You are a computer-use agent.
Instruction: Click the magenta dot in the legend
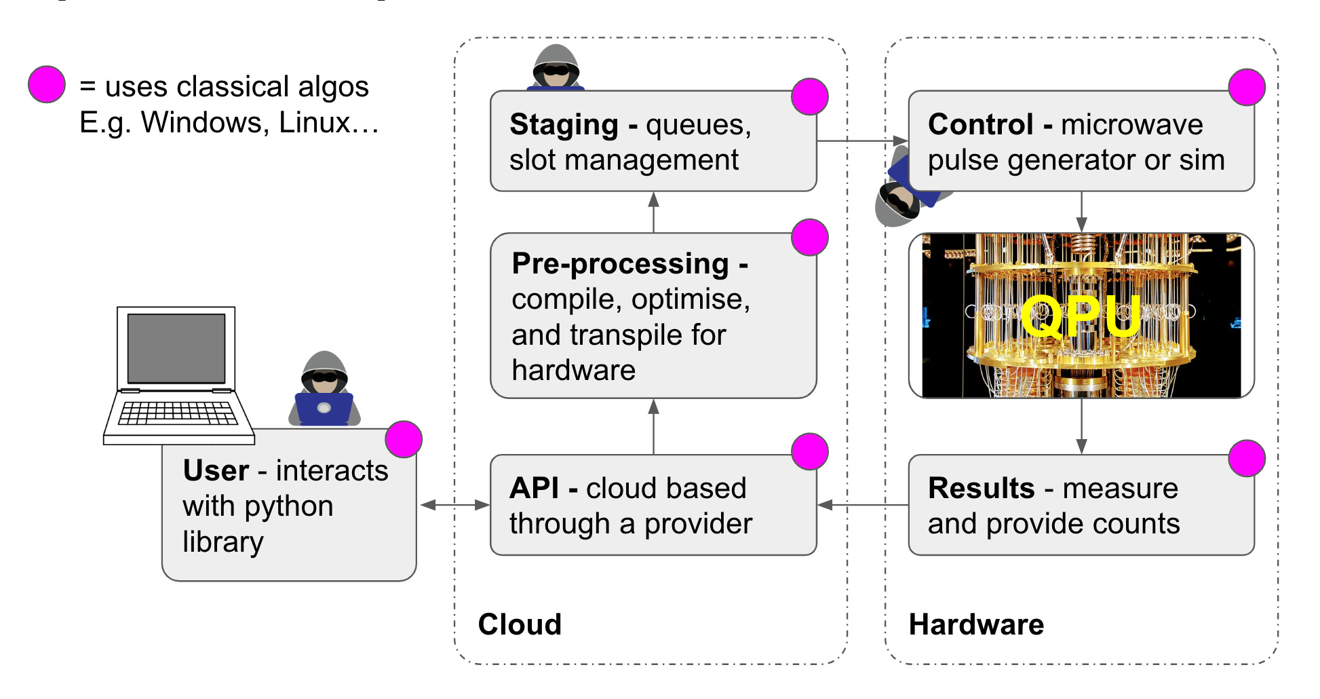pyautogui.click(x=47, y=85)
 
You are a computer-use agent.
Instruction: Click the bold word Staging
pyautogui.click(x=564, y=125)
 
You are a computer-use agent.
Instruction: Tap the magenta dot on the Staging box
pyautogui.click(x=810, y=96)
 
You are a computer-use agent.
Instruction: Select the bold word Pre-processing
pyautogui.click(x=620, y=263)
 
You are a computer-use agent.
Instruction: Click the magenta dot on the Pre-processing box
pyautogui.click(x=810, y=238)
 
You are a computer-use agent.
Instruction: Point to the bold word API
pyautogui.click(x=535, y=488)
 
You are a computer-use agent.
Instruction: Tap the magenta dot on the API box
pyautogui.click(x=810, y=451)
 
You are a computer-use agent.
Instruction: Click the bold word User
pyautogui.click(x=216, y=470)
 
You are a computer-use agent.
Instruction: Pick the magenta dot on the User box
pyautogui.click(x=404, y=439)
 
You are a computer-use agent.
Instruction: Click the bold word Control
pyautogui.click(x=981, y=125)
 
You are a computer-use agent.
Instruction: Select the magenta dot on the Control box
pyautogui.click(x=1247, y=88)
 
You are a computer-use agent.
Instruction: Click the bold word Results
pyautogui.click(x=981, y=488)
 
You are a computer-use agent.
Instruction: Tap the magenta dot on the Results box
pyautogui.click(x=1247, y=458)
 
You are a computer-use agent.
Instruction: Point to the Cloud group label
pyautogui.click(x=520, y=624)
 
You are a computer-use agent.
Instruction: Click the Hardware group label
pyautogui.click(x=976, y=624)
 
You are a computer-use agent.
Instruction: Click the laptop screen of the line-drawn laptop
pyautogui.click(x=176, y=348)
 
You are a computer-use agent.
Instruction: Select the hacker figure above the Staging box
pyautogui.click(x=556, y=68)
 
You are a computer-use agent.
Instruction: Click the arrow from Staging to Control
pyautogui.click(x=861, y=141)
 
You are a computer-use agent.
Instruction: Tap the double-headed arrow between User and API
pyautogui.click(x=454, y=505)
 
